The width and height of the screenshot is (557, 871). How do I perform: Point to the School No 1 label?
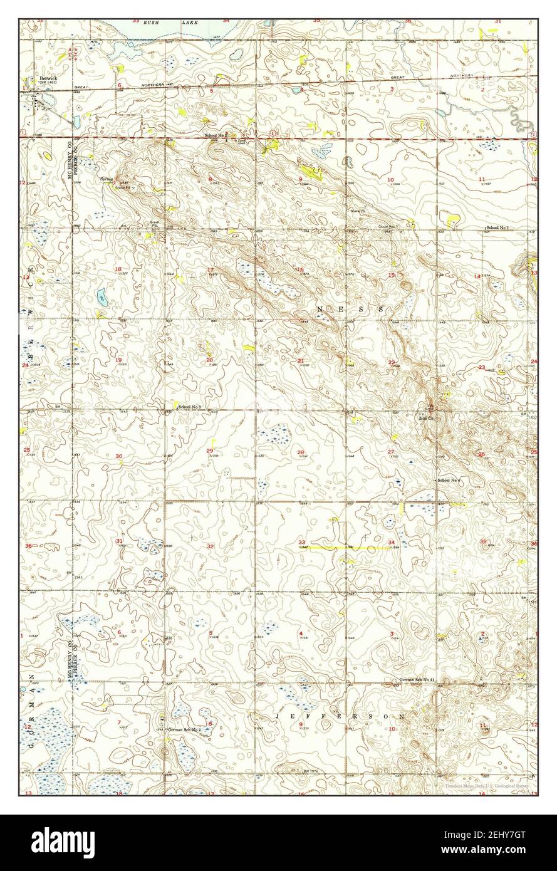[497, 227]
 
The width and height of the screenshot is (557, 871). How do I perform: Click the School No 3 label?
[190, 407]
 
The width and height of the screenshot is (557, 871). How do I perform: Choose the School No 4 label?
[449, 480]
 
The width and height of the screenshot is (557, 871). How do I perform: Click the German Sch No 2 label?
[184, 730]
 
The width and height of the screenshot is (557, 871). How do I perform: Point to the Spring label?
[106, 179]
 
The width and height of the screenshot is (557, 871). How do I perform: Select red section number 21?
[301, 361]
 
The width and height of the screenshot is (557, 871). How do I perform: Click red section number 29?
[210, 451]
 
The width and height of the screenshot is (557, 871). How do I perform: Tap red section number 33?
[301, 542]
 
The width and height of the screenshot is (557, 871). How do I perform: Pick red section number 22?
[392, 362]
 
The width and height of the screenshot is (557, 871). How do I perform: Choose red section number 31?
[119, 541]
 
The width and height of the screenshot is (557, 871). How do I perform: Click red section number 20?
[209, 360]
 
